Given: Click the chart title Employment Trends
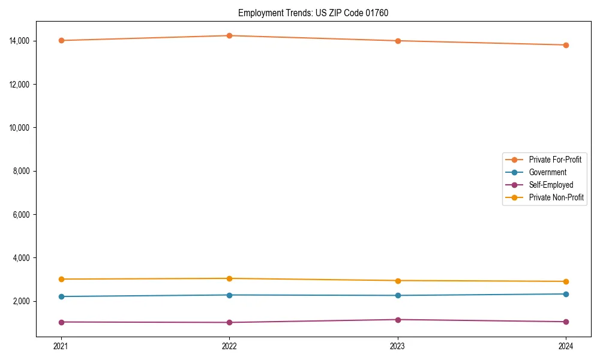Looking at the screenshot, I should pos(313,13).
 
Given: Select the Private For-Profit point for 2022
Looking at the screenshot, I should pos(229,35).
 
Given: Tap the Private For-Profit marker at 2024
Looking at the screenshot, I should pos(566,45).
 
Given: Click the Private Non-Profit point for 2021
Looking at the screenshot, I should pos(61,279).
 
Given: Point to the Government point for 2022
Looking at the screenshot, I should pos(229,295).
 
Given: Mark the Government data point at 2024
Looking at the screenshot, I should pos(566,294).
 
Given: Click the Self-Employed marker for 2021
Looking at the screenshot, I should pos(61,322).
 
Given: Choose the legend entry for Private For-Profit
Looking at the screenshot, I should pos(554,160).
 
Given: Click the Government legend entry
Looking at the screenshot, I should pos(547,172).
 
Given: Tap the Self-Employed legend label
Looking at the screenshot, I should pos(551,185).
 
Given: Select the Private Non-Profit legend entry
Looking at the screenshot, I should pos(556,197).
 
